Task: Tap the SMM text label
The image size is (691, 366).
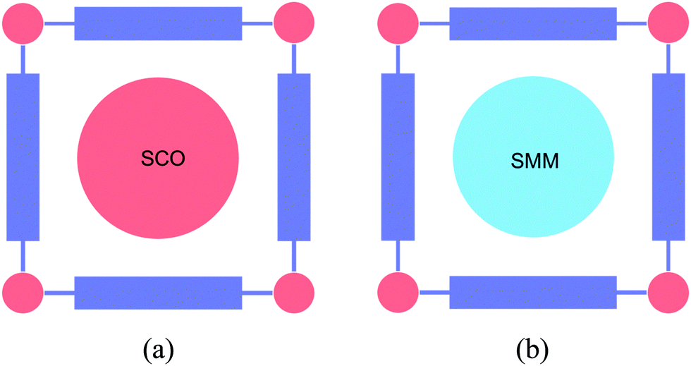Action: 534,161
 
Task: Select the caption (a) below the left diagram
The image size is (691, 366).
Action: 159,348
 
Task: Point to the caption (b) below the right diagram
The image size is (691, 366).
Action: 533,348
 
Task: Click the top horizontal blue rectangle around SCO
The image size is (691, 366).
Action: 158,23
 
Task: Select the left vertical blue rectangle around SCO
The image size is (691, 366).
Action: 23,157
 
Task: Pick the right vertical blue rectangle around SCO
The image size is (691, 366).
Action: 293,157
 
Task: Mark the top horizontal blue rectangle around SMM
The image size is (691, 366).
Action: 533,23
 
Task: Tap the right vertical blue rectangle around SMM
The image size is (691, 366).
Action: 668,157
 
